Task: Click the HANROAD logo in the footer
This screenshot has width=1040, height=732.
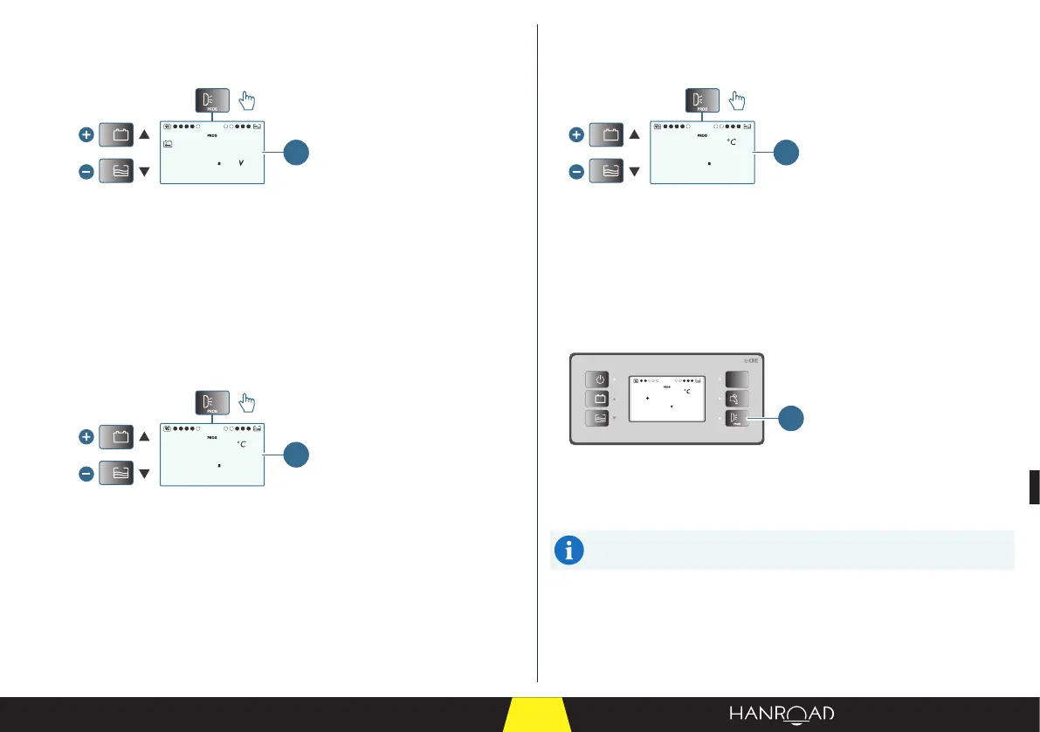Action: pos(782,714)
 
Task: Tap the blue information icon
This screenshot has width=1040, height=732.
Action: pos(569,551)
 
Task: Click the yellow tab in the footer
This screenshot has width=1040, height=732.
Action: pos(537,715)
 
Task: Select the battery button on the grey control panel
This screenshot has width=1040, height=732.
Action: pos(600,400)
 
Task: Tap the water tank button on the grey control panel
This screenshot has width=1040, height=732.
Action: pos(600,419)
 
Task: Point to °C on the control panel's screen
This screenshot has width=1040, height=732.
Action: pos(687,392)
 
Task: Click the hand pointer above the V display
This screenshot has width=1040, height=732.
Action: pos(249,101)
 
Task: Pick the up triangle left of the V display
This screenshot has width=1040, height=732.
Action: pos(144,135)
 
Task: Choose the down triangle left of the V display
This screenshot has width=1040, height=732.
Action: pos(144,173)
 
